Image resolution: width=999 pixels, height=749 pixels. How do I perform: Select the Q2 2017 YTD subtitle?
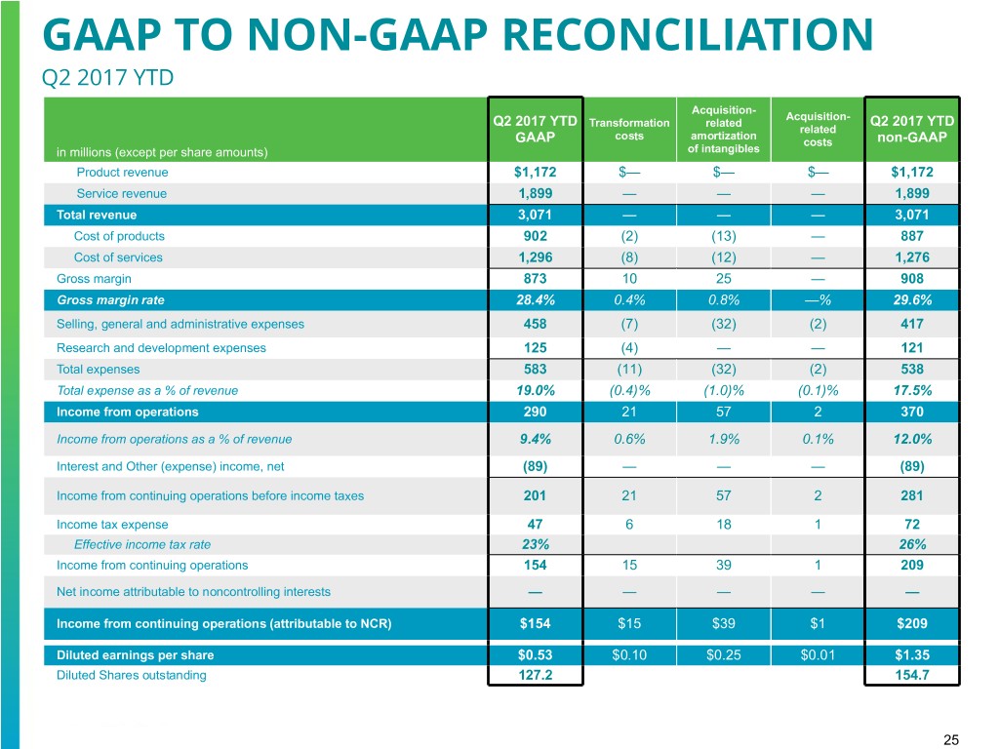tap(107, 75)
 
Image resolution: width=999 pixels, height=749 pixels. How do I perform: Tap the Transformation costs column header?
tap(629, 129)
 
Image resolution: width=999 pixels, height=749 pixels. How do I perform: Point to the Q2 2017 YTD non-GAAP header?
tap(910, 129)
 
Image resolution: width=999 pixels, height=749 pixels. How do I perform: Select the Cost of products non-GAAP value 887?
tap(910, 236)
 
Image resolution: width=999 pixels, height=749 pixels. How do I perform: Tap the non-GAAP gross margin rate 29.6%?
tap(910, 300)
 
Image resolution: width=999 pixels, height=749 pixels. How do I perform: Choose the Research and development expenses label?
tap(161, 347)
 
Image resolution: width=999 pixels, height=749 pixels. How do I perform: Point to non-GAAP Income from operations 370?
tap(910, 412)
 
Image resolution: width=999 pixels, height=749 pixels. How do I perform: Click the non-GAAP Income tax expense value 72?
tap(910, 524)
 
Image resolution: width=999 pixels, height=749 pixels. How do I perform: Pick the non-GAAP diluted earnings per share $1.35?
tap(910, 654)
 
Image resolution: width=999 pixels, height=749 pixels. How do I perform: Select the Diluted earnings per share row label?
tap(135, 654)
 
